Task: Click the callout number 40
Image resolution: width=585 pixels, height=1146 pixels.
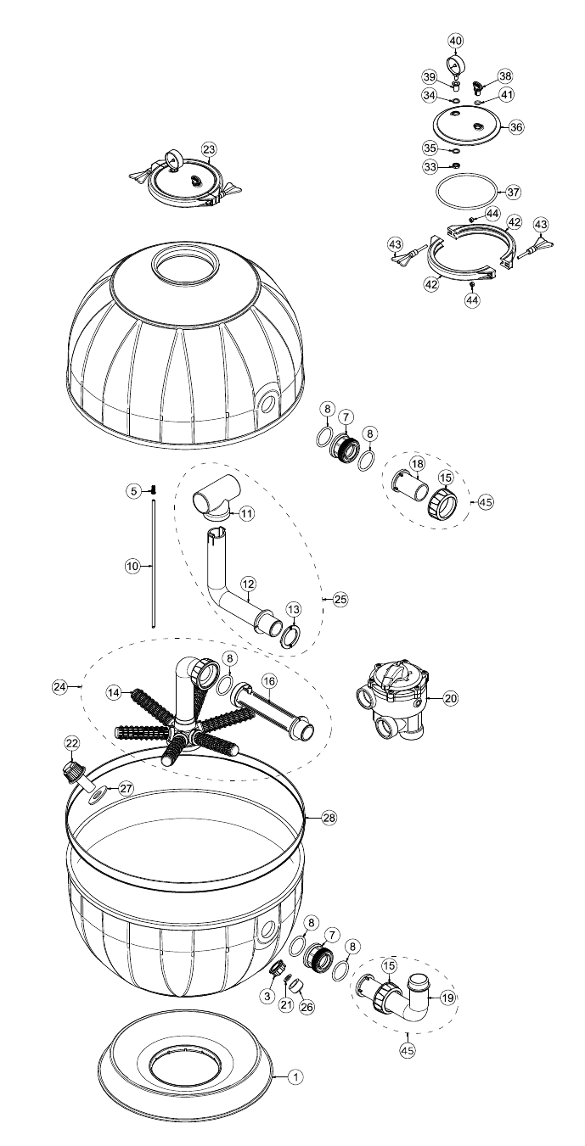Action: click(x=455, y=40)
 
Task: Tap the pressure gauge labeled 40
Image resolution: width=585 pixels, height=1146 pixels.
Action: click(x=454, y=65)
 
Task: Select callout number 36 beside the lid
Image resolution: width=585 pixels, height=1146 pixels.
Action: click(x=516, y=126)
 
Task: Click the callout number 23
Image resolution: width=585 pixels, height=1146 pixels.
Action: click(x=209, y=149)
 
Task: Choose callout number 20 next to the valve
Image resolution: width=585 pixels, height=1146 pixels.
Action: click(x=450, y=698)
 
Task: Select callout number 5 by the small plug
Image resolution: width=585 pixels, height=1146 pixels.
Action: click(x=133, y=491)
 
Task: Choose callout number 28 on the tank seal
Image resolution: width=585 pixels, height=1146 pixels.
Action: click(x=329, y=818)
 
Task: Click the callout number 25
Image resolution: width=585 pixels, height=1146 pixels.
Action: click(x=340, y=599)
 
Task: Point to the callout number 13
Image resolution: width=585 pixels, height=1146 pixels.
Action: click(x=294, y=609)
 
